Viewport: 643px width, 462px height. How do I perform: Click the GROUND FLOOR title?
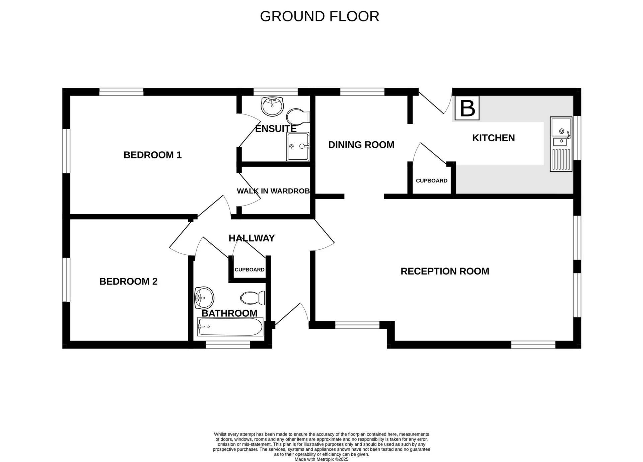319,16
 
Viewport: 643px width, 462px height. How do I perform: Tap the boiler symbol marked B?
467,108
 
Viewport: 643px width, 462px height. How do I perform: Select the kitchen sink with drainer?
561,144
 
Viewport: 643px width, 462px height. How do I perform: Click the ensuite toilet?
298,117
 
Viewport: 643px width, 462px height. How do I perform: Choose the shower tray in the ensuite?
298,147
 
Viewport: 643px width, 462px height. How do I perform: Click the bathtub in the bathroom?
230,327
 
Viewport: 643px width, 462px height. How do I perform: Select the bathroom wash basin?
204,298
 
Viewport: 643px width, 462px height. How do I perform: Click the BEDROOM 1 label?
152,155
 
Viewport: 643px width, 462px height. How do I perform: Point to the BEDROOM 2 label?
128,282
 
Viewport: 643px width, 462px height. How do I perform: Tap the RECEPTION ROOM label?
445,271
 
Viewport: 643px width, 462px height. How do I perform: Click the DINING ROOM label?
361,145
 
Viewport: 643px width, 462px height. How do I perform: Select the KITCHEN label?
493,138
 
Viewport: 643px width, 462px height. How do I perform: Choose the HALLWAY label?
252,238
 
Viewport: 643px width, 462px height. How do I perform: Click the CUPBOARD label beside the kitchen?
431,181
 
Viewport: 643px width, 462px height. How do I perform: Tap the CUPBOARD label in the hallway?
249,270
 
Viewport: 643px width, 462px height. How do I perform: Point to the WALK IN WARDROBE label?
273,191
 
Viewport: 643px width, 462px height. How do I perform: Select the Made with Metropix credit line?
321,459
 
